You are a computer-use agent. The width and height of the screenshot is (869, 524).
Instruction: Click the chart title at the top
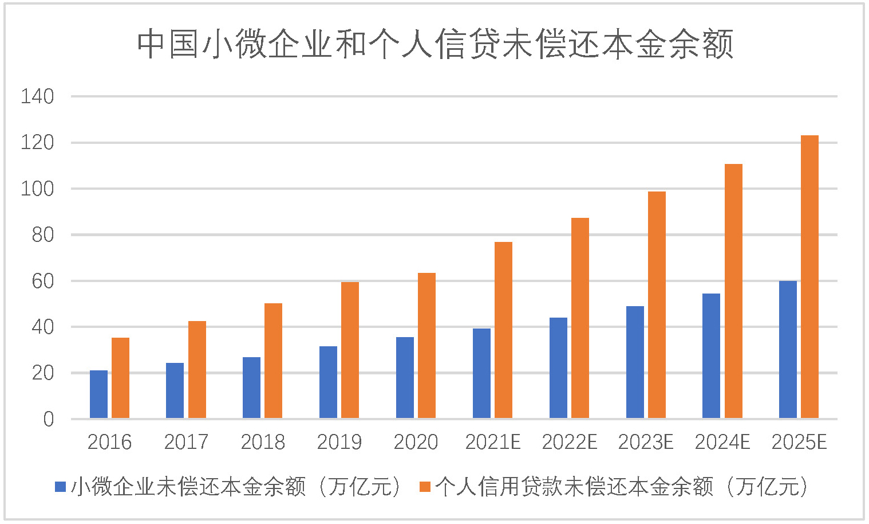435,44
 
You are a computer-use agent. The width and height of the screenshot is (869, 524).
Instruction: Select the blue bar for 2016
98,394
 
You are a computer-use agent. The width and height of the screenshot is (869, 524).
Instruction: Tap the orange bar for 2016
120,378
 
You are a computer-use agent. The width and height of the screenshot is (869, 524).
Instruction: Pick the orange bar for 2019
350,350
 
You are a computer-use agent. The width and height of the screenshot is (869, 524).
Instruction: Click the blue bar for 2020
405,378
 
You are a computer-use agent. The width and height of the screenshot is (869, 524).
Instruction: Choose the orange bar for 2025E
809,277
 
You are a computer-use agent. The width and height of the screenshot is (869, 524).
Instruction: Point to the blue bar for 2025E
788,350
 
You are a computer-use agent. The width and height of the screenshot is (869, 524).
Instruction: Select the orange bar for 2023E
657,305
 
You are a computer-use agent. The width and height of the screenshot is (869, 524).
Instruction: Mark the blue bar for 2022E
558,368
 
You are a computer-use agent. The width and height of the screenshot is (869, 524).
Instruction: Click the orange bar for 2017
197,370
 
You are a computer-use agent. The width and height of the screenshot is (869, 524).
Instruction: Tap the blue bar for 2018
251,388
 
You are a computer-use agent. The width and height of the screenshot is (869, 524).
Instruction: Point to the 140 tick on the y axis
37,96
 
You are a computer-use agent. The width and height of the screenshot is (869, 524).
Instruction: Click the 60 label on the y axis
43,281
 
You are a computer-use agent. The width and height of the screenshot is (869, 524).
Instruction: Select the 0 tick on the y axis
49,419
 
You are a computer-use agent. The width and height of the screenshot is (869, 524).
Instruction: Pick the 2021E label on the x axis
492,442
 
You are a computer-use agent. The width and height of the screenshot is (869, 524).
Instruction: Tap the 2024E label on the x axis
722,442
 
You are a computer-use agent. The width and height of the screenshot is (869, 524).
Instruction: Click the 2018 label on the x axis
263,442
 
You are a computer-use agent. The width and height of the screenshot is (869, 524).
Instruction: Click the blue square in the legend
61,487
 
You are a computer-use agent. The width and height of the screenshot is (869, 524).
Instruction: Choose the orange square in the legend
425,487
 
